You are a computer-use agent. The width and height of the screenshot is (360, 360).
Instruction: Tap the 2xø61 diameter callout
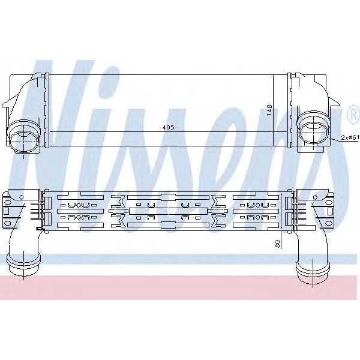349,137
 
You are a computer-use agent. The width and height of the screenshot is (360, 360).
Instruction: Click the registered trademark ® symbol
353,113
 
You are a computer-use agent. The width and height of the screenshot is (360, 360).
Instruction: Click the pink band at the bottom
180,287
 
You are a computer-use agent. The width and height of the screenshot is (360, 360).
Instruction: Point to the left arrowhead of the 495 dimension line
50,131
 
